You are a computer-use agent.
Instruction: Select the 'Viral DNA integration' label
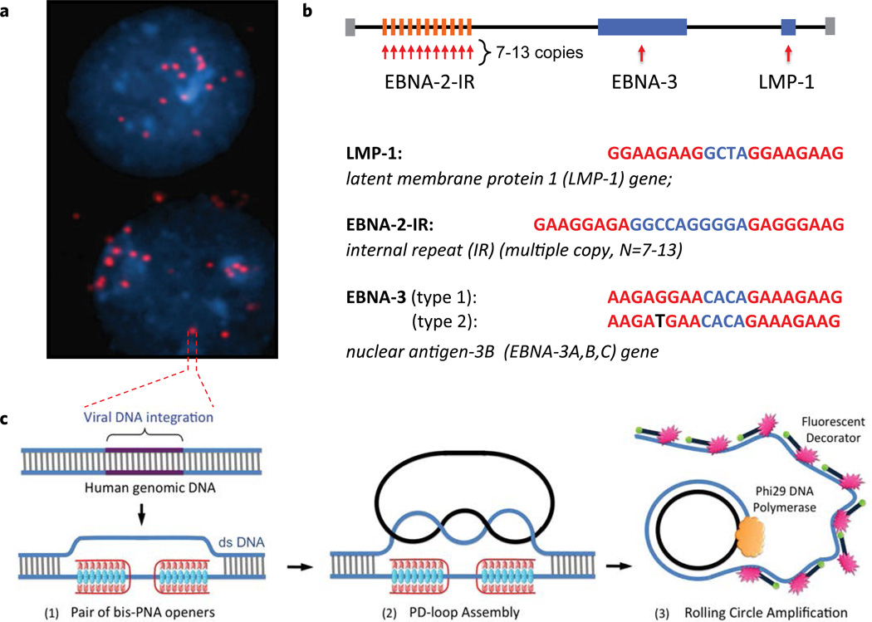pos(145,418)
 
